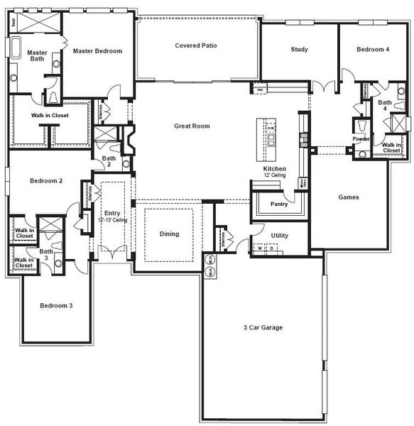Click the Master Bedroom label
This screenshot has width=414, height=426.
click(98, 51)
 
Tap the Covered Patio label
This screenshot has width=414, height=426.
click(196, 45)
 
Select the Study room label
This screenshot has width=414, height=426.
click(299, 49)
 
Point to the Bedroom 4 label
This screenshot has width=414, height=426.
click(373, 49)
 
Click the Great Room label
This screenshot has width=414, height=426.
click(192, 126)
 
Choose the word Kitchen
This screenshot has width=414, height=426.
click(275, 169)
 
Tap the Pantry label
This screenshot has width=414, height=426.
click(278, 204)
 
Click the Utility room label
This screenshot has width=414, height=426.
click(280, 235)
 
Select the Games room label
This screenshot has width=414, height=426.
click(348, 197)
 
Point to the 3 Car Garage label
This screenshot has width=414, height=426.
click(263, 327)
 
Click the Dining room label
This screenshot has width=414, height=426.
click(169, 234)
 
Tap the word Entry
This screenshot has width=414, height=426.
click(112, 213)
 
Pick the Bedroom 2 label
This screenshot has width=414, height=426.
click(46, 181)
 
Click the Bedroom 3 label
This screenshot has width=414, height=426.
click(56, 305)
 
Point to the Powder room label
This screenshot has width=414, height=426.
click(361, 139)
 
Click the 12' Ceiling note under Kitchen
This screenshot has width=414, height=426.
click(275, 175)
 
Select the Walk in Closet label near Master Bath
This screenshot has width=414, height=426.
click(50, 115)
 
